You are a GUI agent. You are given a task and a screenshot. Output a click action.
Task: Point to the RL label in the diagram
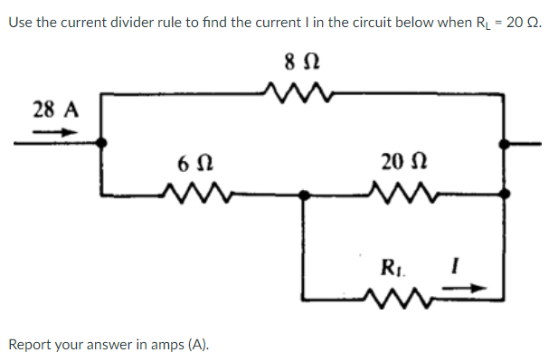[x=392, y=268]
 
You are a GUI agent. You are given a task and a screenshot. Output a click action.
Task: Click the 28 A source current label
[x=55, y=110]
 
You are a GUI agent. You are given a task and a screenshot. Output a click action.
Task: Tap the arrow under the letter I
[x=468, y=290]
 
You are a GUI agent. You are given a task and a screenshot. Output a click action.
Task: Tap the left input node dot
[x=102, y=142]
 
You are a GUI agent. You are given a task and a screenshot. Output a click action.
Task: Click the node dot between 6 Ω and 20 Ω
[x=305, y=194]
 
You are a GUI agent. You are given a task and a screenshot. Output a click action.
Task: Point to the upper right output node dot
[x=506, y=142]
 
